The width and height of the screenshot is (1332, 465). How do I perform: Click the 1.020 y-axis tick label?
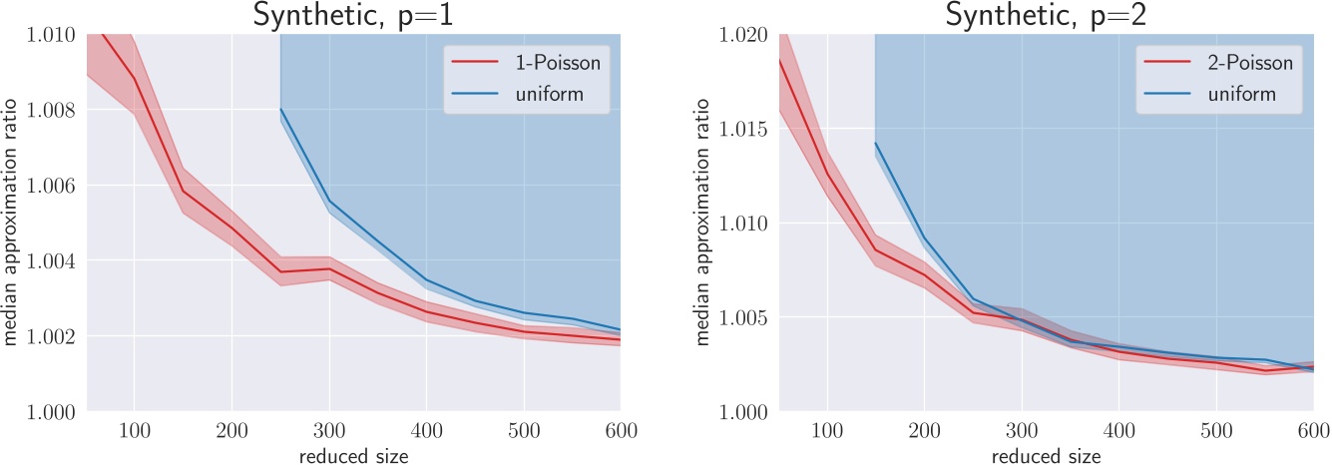tap(745, 35)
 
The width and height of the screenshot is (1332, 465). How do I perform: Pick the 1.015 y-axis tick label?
tap(745, 129)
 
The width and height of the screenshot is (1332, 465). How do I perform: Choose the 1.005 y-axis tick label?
tap(745, 317)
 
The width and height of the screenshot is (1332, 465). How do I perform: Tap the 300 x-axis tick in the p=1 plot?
tap(329, 430)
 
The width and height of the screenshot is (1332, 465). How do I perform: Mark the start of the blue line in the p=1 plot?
tap(280, 110)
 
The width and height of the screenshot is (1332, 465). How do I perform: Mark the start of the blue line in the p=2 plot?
tap(875, 143)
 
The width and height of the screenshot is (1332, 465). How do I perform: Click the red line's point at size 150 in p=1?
tap(183, 191)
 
